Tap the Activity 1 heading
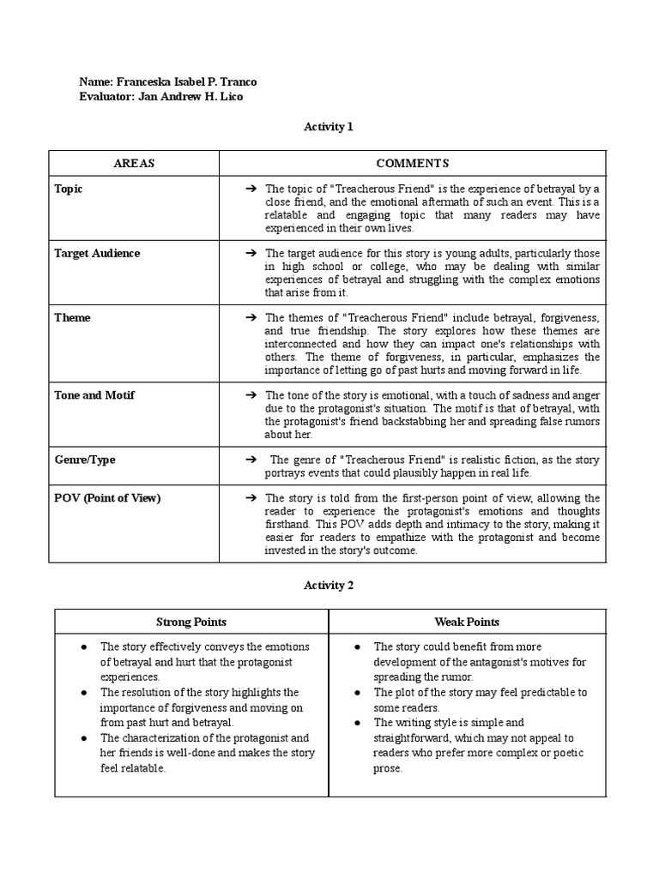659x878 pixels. coord(329,127)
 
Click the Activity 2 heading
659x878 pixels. coord(329,586)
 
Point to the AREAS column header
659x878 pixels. coord(134,164)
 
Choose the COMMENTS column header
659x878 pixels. coord(412,164)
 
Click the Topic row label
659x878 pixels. coord(69,189)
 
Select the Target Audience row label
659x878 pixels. coord(97,253)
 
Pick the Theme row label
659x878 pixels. coord(72,317)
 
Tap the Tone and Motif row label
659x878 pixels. coord(94,395)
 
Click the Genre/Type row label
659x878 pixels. coord(85,460)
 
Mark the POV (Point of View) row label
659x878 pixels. coord(107,498)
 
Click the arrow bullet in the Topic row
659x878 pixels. coord(251,189)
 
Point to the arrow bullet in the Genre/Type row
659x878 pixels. coord(251,460)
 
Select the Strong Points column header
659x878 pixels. coord(191,622)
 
